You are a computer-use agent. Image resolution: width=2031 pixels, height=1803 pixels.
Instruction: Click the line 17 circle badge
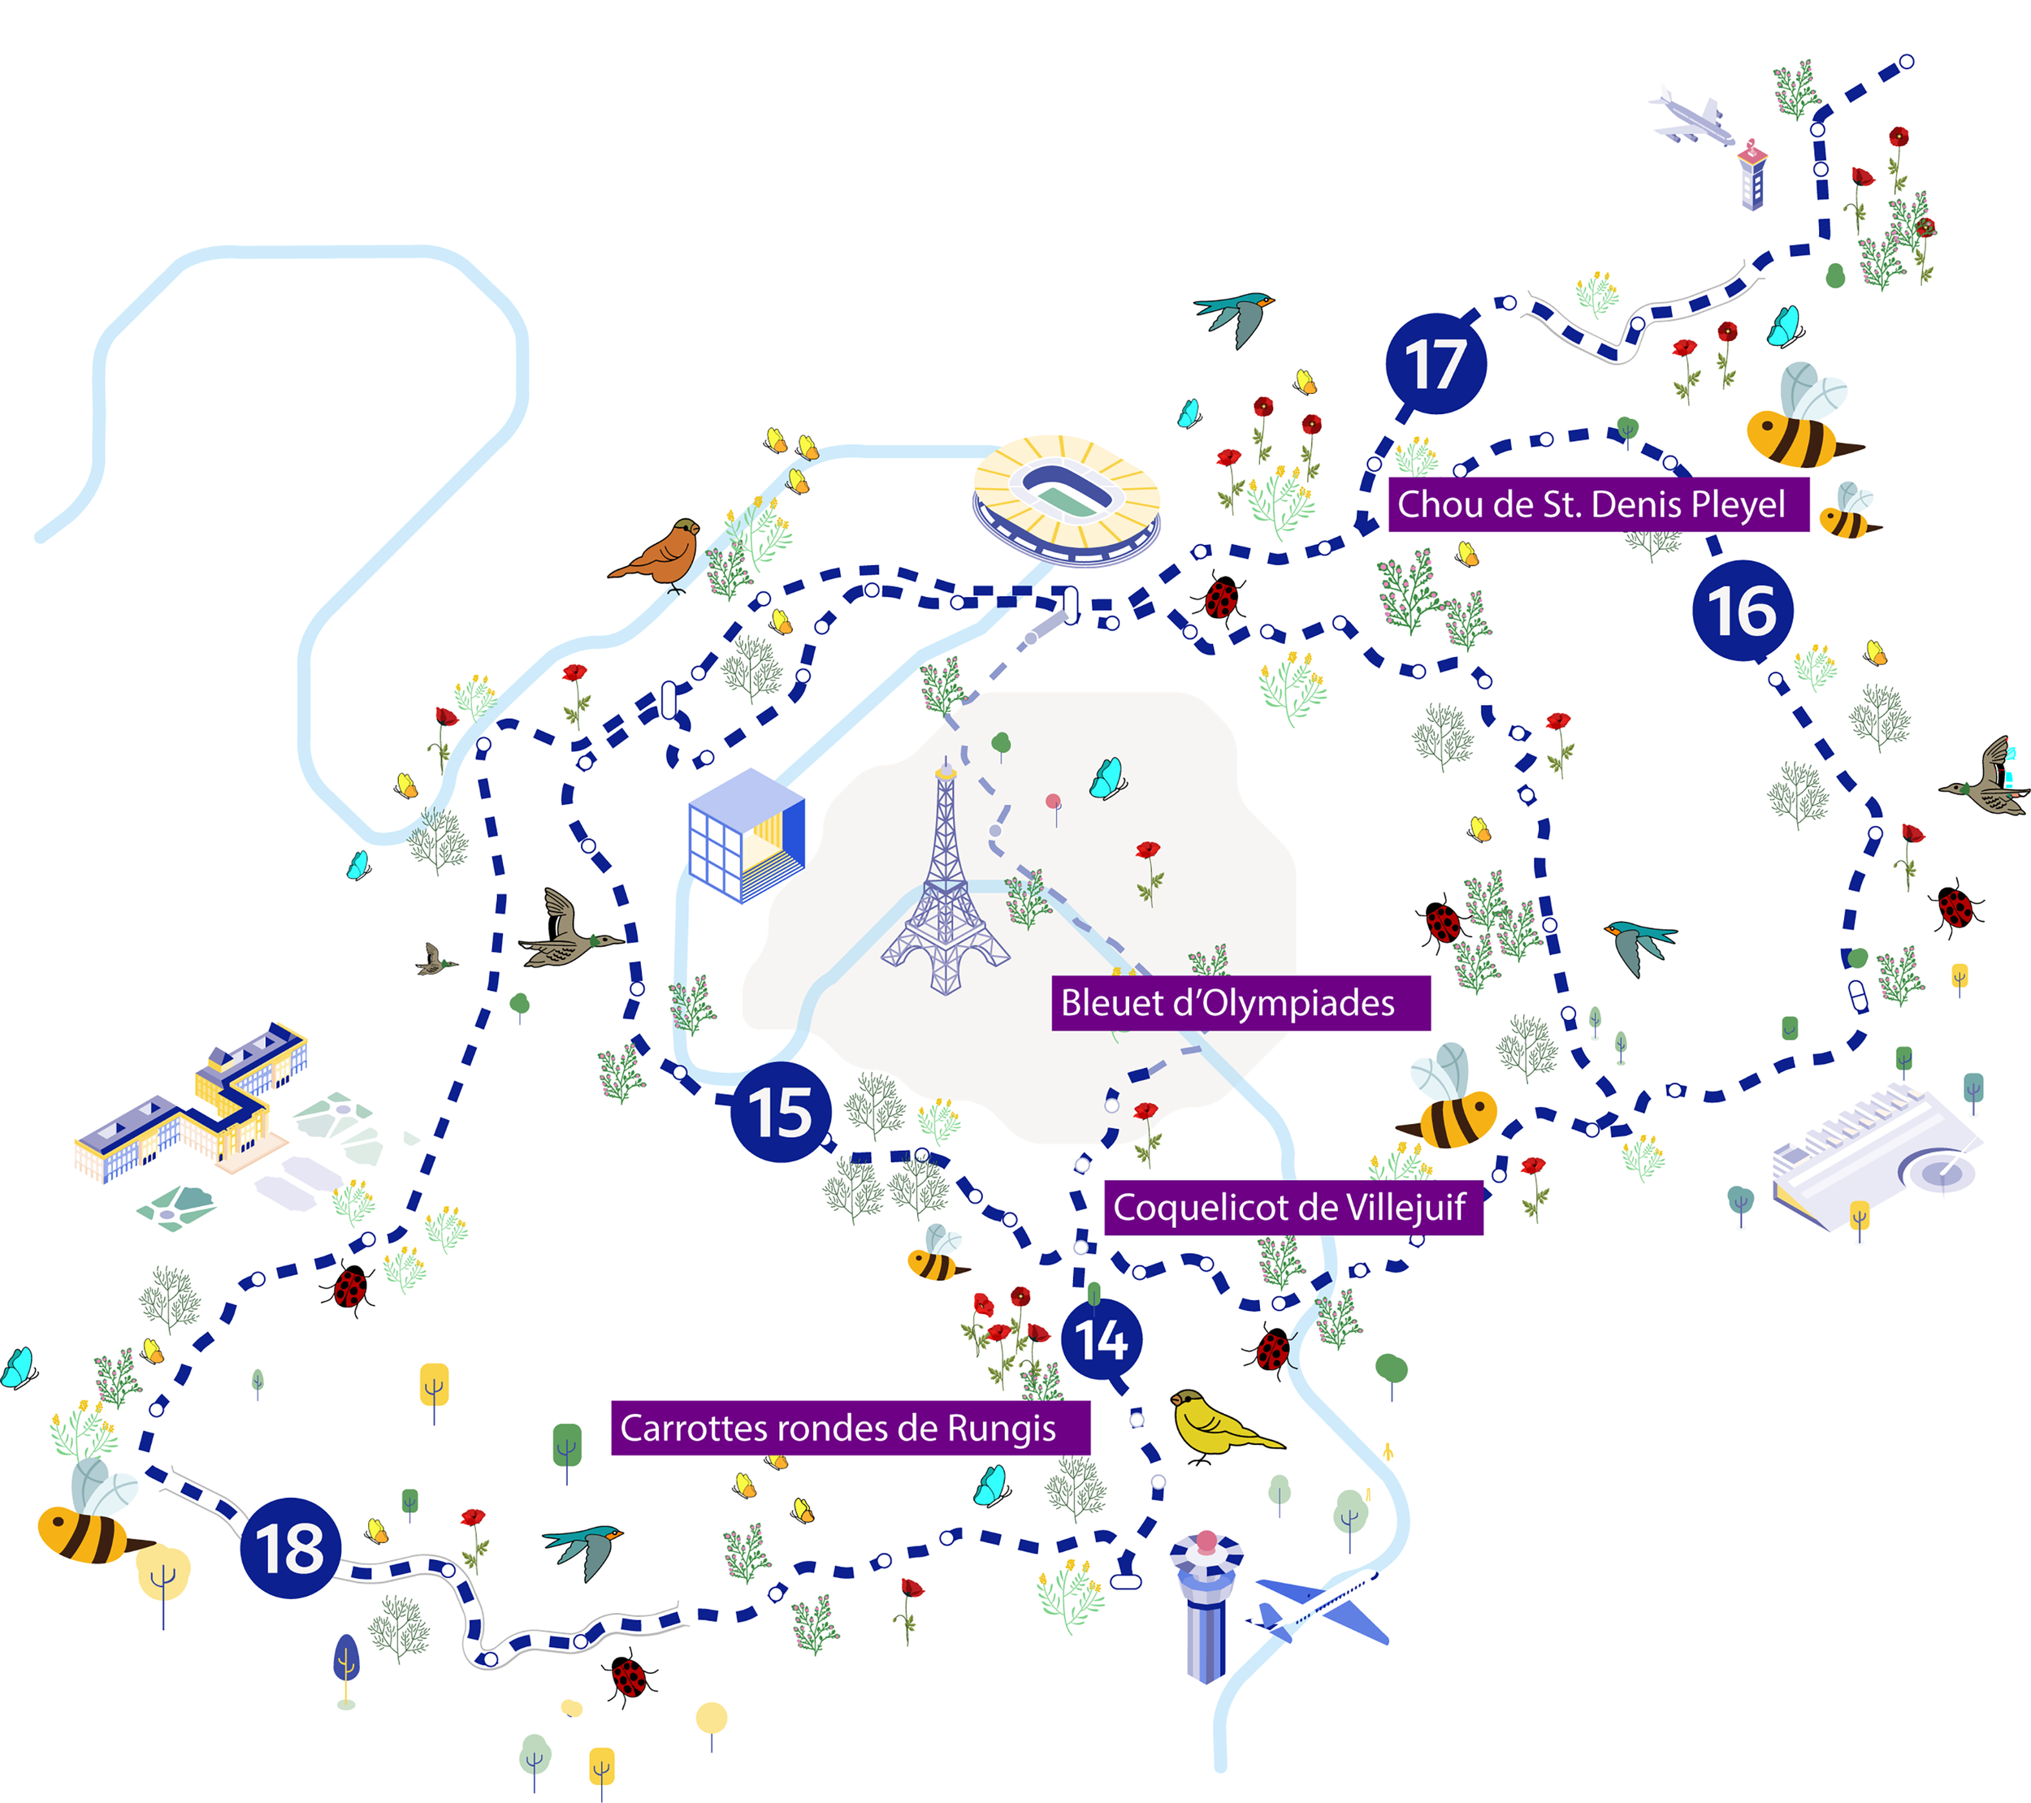[x=1436, y=364]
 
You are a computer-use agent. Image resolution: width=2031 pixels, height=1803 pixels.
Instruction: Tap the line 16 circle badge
[x=1743, y=610]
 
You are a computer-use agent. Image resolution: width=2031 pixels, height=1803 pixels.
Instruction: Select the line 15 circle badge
[x=781, y=1112]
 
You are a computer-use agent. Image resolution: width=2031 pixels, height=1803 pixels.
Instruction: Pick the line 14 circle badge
[x=1102, y=1339]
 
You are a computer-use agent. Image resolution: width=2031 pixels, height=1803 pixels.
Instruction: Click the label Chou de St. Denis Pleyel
[x=1598, y=504]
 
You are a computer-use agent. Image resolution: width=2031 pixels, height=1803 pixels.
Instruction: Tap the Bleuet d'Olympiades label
[x=1241, y=1003]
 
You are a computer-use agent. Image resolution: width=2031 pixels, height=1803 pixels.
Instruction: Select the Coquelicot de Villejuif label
[x=1293, y=1208]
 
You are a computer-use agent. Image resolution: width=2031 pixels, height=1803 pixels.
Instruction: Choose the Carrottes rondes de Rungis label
[x=851, y=1429]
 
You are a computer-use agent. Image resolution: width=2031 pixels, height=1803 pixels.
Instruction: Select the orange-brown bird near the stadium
[x=660, y=555]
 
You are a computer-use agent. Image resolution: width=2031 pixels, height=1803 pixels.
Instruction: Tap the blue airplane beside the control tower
[x=1317, y=1607]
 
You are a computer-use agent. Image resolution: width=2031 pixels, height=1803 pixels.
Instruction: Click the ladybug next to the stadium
[x=1221, y=598]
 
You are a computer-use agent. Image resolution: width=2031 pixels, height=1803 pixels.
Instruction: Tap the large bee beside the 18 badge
[x=93, y=1515]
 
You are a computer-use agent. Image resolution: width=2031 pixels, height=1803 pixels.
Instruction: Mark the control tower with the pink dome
[x=1206, y=1606]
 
